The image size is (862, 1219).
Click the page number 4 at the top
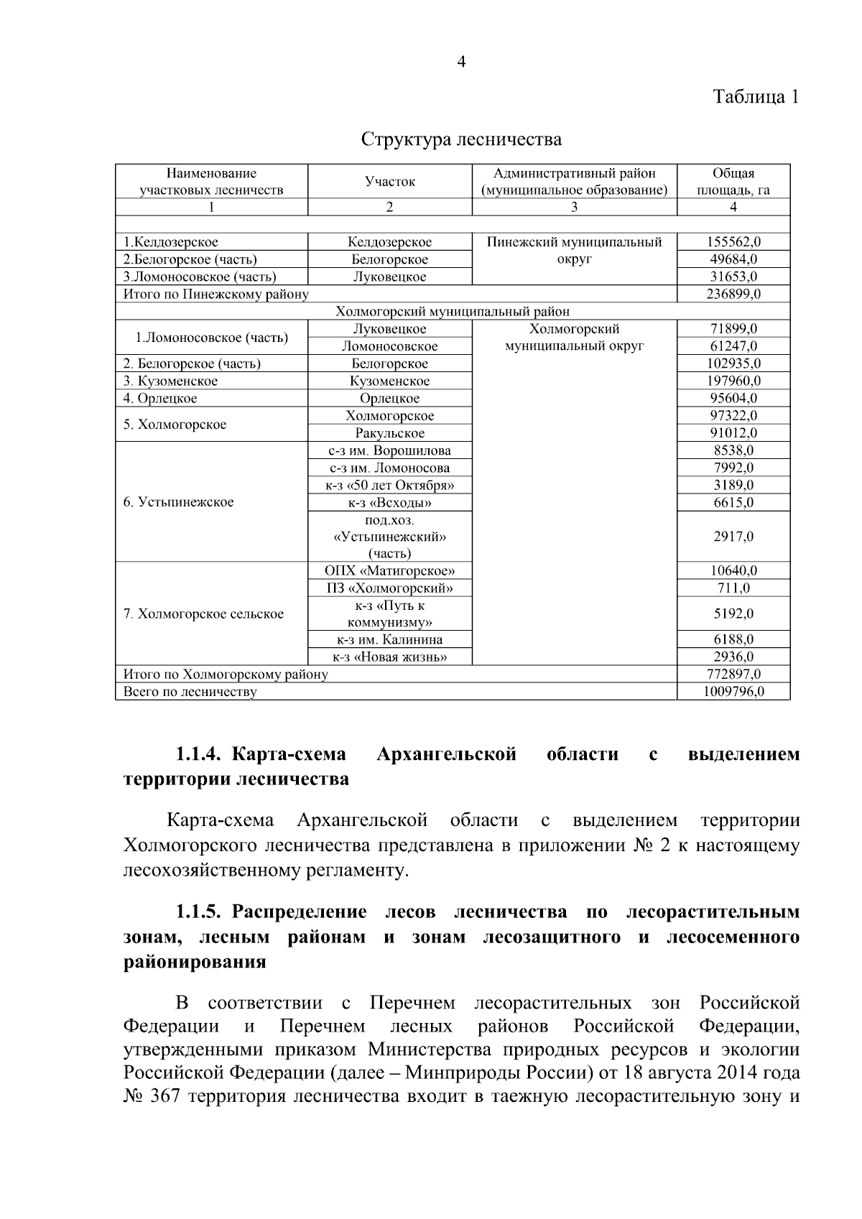click(x=461, y=62)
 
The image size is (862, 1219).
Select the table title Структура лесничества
click(x=461, y=139)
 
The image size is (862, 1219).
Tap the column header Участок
click(x=389, y=182)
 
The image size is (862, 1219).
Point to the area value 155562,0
click(x=733, y=242)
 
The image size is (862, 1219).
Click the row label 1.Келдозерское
click(x=171, y=242)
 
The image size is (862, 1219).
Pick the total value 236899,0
click(x=733, y=294)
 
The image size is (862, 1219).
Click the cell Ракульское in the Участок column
click(x=389, y=433)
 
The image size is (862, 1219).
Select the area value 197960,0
click(x=733, y=381)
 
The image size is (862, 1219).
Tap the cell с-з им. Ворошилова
click(x=389, y=450)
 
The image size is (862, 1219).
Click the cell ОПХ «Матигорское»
click(x=389, y=571)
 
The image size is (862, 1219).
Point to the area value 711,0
click(x=733, y=588)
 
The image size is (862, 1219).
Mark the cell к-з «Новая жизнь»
click(x=389, y=657)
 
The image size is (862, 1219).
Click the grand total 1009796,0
click(x=733, y=692)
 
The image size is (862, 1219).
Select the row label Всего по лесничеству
click(x=190, y=692)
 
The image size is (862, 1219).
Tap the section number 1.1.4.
click(x=202, y=754)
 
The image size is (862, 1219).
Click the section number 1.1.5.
click(x=202, y=912)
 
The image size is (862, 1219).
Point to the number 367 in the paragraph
click(x=167, y=1097)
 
